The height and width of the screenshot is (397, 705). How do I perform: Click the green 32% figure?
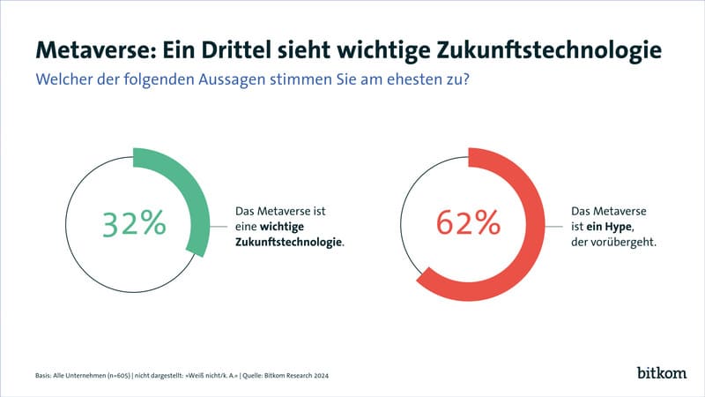pos(134,224)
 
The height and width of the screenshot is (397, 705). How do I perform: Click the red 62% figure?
pos(468,224)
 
